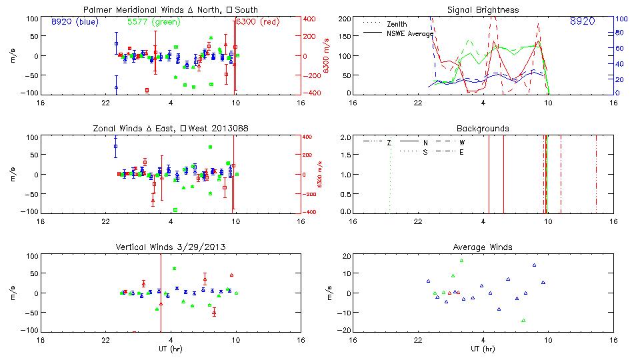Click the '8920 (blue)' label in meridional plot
coord(74,21)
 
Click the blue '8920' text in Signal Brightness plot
coord(582,21)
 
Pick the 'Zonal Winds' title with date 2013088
coord(170,128)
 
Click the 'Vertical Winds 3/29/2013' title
coord(170,247)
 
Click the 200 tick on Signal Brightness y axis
coord(344,18)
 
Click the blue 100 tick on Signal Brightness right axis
coord(619,19)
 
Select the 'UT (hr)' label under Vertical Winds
coord(170,349)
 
